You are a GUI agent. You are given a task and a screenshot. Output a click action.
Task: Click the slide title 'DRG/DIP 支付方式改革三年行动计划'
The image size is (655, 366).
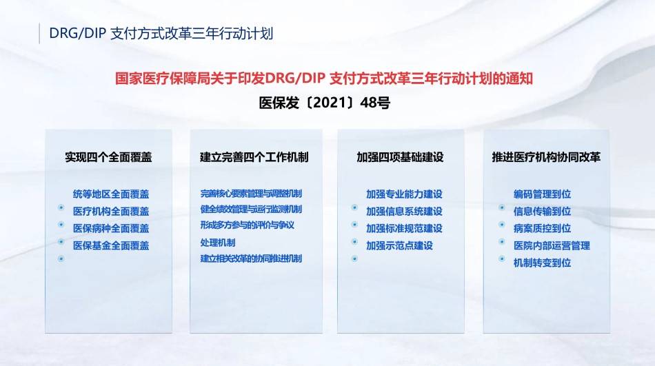pos(161,33)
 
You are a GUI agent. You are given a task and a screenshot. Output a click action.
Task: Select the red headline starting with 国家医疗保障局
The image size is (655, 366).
pos(324,79)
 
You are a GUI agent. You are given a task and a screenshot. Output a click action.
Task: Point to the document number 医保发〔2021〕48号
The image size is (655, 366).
pos(325,103)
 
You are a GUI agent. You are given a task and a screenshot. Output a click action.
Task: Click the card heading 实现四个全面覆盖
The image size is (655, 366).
pos(109,157)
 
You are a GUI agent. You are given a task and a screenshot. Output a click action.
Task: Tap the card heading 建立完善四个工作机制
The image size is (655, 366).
pos(254,157)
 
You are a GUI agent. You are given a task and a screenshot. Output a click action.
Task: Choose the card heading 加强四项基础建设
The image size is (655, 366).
pos(400,157)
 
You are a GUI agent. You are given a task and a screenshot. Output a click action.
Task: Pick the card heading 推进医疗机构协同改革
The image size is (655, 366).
pos(546,157)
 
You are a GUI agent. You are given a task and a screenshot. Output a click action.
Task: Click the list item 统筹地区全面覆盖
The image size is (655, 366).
pos(111,194)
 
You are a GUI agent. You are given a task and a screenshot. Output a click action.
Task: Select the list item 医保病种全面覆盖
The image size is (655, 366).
pos(111,229)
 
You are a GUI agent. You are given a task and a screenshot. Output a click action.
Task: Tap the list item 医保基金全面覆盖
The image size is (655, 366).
pos(111,245)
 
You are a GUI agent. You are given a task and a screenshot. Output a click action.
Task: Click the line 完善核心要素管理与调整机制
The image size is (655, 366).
pos(251,194)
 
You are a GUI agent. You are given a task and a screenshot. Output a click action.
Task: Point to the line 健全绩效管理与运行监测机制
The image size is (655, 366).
pos(251,210)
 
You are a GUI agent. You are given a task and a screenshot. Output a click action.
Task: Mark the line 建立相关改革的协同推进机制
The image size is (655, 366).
pos(251,258)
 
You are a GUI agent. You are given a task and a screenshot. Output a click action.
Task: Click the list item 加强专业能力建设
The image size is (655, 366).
pos(404,194)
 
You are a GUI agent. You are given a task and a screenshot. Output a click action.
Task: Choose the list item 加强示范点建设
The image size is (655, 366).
pos(400,245)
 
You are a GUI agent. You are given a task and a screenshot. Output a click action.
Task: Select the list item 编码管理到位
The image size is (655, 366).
pos(542,194)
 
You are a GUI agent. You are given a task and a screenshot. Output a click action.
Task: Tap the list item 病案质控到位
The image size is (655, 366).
pos(542,229)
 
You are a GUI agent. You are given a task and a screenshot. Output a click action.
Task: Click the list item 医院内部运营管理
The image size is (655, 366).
pos(552,245)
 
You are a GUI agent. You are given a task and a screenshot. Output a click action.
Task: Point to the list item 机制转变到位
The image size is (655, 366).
pos(542,263)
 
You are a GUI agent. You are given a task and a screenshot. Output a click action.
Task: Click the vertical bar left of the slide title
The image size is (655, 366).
pos(39,33)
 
